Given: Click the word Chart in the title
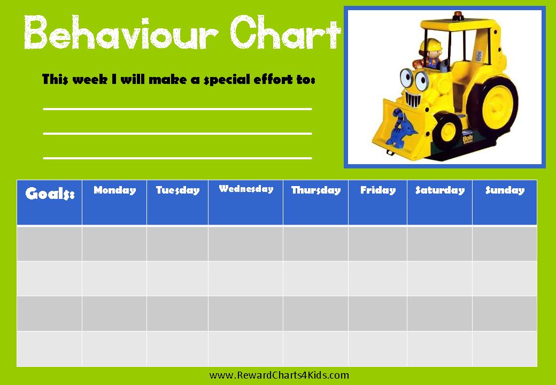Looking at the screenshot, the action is pyautogui.click(x=285, y=32).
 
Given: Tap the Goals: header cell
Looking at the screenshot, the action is pyautogui.click(x=49, y=203).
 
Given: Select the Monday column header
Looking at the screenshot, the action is pyautogui.click(x=114, y=203).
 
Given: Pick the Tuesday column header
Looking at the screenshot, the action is pyautogui.click(x=177, y=203).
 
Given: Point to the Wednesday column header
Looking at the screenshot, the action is pyautogui.click(x=245, y=203).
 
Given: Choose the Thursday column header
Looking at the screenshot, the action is pyautogui.click(x=315, y=203).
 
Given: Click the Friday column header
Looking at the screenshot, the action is pyautogui.click(x=377, y=203).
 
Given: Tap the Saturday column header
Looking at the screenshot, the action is pyautogui.click(x=439, y=203).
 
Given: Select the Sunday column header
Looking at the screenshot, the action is pyautogui.click(x=505, y=203).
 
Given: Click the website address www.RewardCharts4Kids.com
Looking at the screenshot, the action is pyautogui.click(x=279, y=375).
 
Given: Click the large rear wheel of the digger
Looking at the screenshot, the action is pyautogui.click(x=493, y=106).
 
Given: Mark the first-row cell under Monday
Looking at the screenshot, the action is pyautogui.click(x=114, y=243).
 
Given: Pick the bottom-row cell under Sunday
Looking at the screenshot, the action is pyautogui.click(x=505, y=349).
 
